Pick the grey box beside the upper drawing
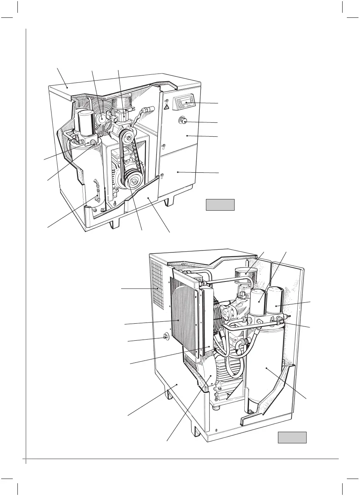pyautogui.click(x=220, y=204)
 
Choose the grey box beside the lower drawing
pyautogui.click(x=292, y=438)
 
